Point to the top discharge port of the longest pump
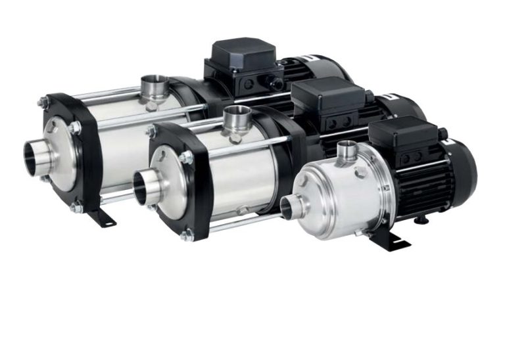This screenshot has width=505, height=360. pyautogui.click(x=154, y=87)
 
